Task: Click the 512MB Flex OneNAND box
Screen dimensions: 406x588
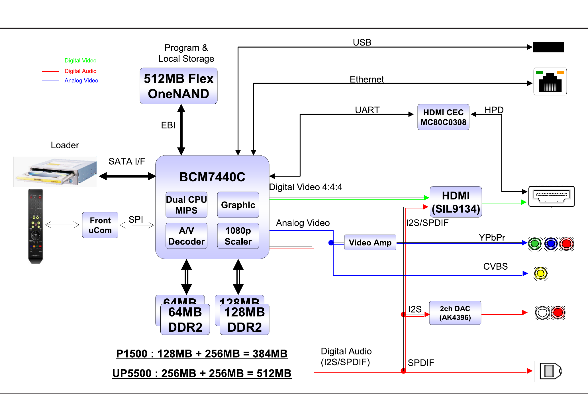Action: (179, 86)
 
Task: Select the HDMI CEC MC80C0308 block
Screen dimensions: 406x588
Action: (443, 117)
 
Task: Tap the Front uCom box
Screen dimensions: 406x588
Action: (100, 225)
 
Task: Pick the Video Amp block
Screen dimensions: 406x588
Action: (370, 243)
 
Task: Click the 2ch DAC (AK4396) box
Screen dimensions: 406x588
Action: (455, 313)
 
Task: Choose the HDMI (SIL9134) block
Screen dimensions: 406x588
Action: (456, 202)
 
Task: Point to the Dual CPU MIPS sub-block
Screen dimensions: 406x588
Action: (186, 205)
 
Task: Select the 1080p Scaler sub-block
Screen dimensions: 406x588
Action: (238, 236)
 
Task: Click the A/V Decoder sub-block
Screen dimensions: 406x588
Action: (186, 236)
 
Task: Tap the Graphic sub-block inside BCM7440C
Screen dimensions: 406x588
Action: (238, 205)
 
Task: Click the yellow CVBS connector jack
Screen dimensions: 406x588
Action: (541, 274)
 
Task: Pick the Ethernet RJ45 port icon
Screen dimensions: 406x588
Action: (550, 82)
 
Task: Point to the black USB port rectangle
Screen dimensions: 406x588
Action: (548, 47)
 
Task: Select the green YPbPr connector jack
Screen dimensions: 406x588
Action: (535, 244)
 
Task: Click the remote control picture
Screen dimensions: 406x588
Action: (36, 226)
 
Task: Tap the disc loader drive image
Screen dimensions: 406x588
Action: (55, 172)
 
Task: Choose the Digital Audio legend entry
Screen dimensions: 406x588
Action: (80, 71)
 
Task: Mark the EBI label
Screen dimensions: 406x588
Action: (168, 125)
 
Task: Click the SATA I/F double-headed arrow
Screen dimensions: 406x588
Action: (127, 176)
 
